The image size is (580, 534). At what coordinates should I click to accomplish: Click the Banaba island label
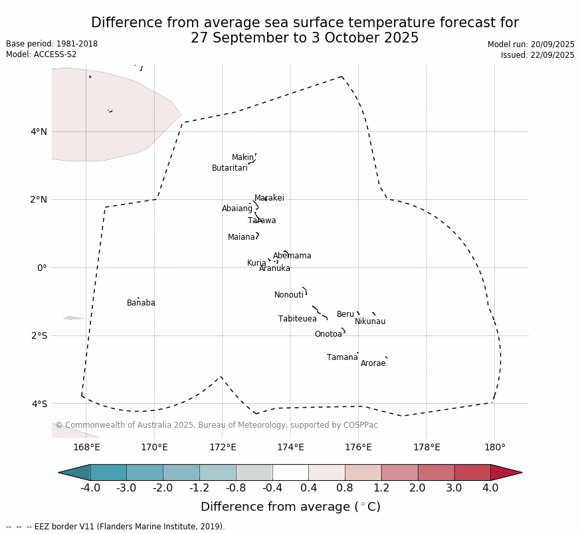click(141, 303)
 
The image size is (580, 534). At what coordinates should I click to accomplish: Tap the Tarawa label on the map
click(262, 221)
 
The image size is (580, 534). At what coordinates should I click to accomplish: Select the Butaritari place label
click(229, 168)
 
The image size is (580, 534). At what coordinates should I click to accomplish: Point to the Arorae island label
click(373, 363)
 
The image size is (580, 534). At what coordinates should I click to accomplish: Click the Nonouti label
click(289, 295)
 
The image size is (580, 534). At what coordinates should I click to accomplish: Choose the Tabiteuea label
click(298, 319)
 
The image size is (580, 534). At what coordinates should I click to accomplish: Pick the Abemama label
click(292, 256)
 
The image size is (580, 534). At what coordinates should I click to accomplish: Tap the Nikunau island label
click(370, 321)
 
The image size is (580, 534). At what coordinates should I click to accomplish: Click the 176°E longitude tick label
click(358, 447)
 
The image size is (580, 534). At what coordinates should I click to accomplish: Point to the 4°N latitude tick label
click(39, 132)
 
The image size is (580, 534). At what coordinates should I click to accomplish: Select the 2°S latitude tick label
click(39, 335)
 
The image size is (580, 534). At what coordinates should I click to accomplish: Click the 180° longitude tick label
click(494, 447)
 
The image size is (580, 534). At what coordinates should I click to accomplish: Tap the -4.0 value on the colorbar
click(90, 488)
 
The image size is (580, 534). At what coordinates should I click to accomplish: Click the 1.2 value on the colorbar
click(381, 488)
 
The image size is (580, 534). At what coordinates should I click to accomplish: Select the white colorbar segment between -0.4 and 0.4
click(290, 472)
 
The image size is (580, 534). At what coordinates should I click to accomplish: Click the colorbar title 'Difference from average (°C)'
click(290, 507)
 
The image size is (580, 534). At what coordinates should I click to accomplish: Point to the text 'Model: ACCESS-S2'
click(41, 54)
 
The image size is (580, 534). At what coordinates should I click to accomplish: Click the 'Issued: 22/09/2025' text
click(537, 55)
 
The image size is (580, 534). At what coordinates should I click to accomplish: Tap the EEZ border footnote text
click(116, 527)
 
